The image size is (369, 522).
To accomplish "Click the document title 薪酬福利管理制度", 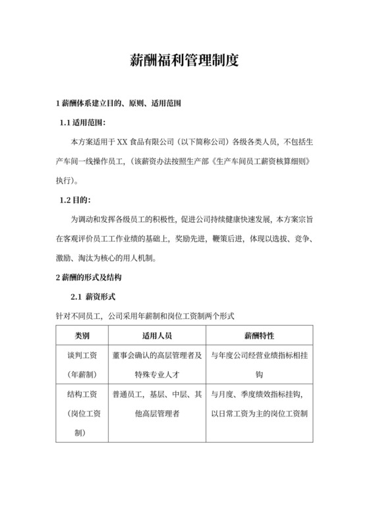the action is (184, 61).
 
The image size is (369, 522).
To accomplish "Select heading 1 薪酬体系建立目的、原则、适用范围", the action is (119, 104).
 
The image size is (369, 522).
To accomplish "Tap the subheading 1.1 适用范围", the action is (83, 123).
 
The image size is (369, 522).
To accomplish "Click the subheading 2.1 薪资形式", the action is (94, 297).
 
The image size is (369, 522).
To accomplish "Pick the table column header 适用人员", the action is (157, 335).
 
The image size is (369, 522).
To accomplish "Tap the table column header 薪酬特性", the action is (260, 335).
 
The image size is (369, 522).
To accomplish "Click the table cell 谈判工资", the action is (82, 355).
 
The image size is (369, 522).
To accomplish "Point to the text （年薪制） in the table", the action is (82, 374).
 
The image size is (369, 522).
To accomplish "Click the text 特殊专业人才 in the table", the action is (157, 374).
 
